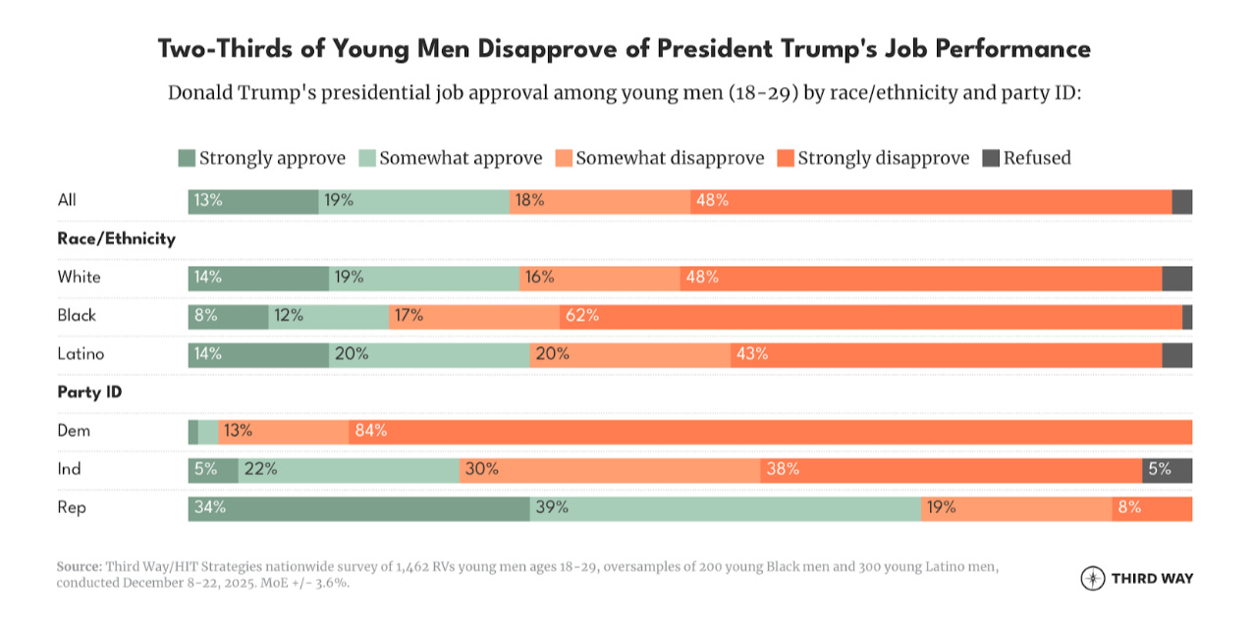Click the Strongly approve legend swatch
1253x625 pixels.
187,158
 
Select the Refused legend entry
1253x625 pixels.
1037,158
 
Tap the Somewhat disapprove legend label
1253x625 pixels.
670,158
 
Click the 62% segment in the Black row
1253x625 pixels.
871,316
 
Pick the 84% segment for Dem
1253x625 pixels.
771,432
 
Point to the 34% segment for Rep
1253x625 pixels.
358,508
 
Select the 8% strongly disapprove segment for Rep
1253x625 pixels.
1151,508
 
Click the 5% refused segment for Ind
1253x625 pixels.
1167,470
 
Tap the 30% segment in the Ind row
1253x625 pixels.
610,470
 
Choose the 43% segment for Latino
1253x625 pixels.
947,355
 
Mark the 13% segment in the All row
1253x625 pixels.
253,201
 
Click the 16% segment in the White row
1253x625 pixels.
600,278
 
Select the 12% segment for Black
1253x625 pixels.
328,316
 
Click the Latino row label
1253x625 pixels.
81,354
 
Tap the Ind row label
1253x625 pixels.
69,469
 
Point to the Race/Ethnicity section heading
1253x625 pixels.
116,238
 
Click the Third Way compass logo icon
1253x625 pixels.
1092,578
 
